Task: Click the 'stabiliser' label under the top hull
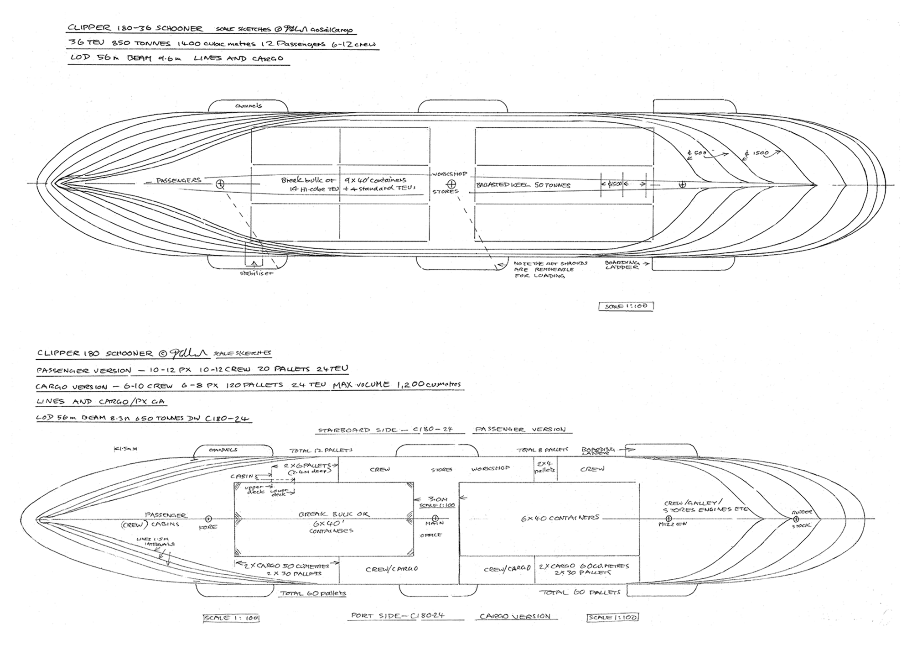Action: tap(256, 273)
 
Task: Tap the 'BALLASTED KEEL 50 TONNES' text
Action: tap(523, 185)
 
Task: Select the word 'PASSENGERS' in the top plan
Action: tap(178, 180)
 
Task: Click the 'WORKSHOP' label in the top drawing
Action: tap(450, 174)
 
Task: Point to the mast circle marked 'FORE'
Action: tap(208, 519)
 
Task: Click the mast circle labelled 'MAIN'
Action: tap(435, 519)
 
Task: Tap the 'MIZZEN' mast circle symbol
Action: tap(668, 519)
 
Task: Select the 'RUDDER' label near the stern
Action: tap(802, 512)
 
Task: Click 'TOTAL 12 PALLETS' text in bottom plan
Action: tap(321, 450)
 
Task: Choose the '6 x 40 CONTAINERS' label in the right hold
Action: tap(560, 518)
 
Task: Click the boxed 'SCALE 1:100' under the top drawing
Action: tap(626, 306)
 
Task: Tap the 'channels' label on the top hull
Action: tap(249, 106)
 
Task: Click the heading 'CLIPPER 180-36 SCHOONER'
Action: tap(135, 28)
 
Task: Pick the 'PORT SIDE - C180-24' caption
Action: tap(398, 615)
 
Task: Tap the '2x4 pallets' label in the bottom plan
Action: tap(545, 466)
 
